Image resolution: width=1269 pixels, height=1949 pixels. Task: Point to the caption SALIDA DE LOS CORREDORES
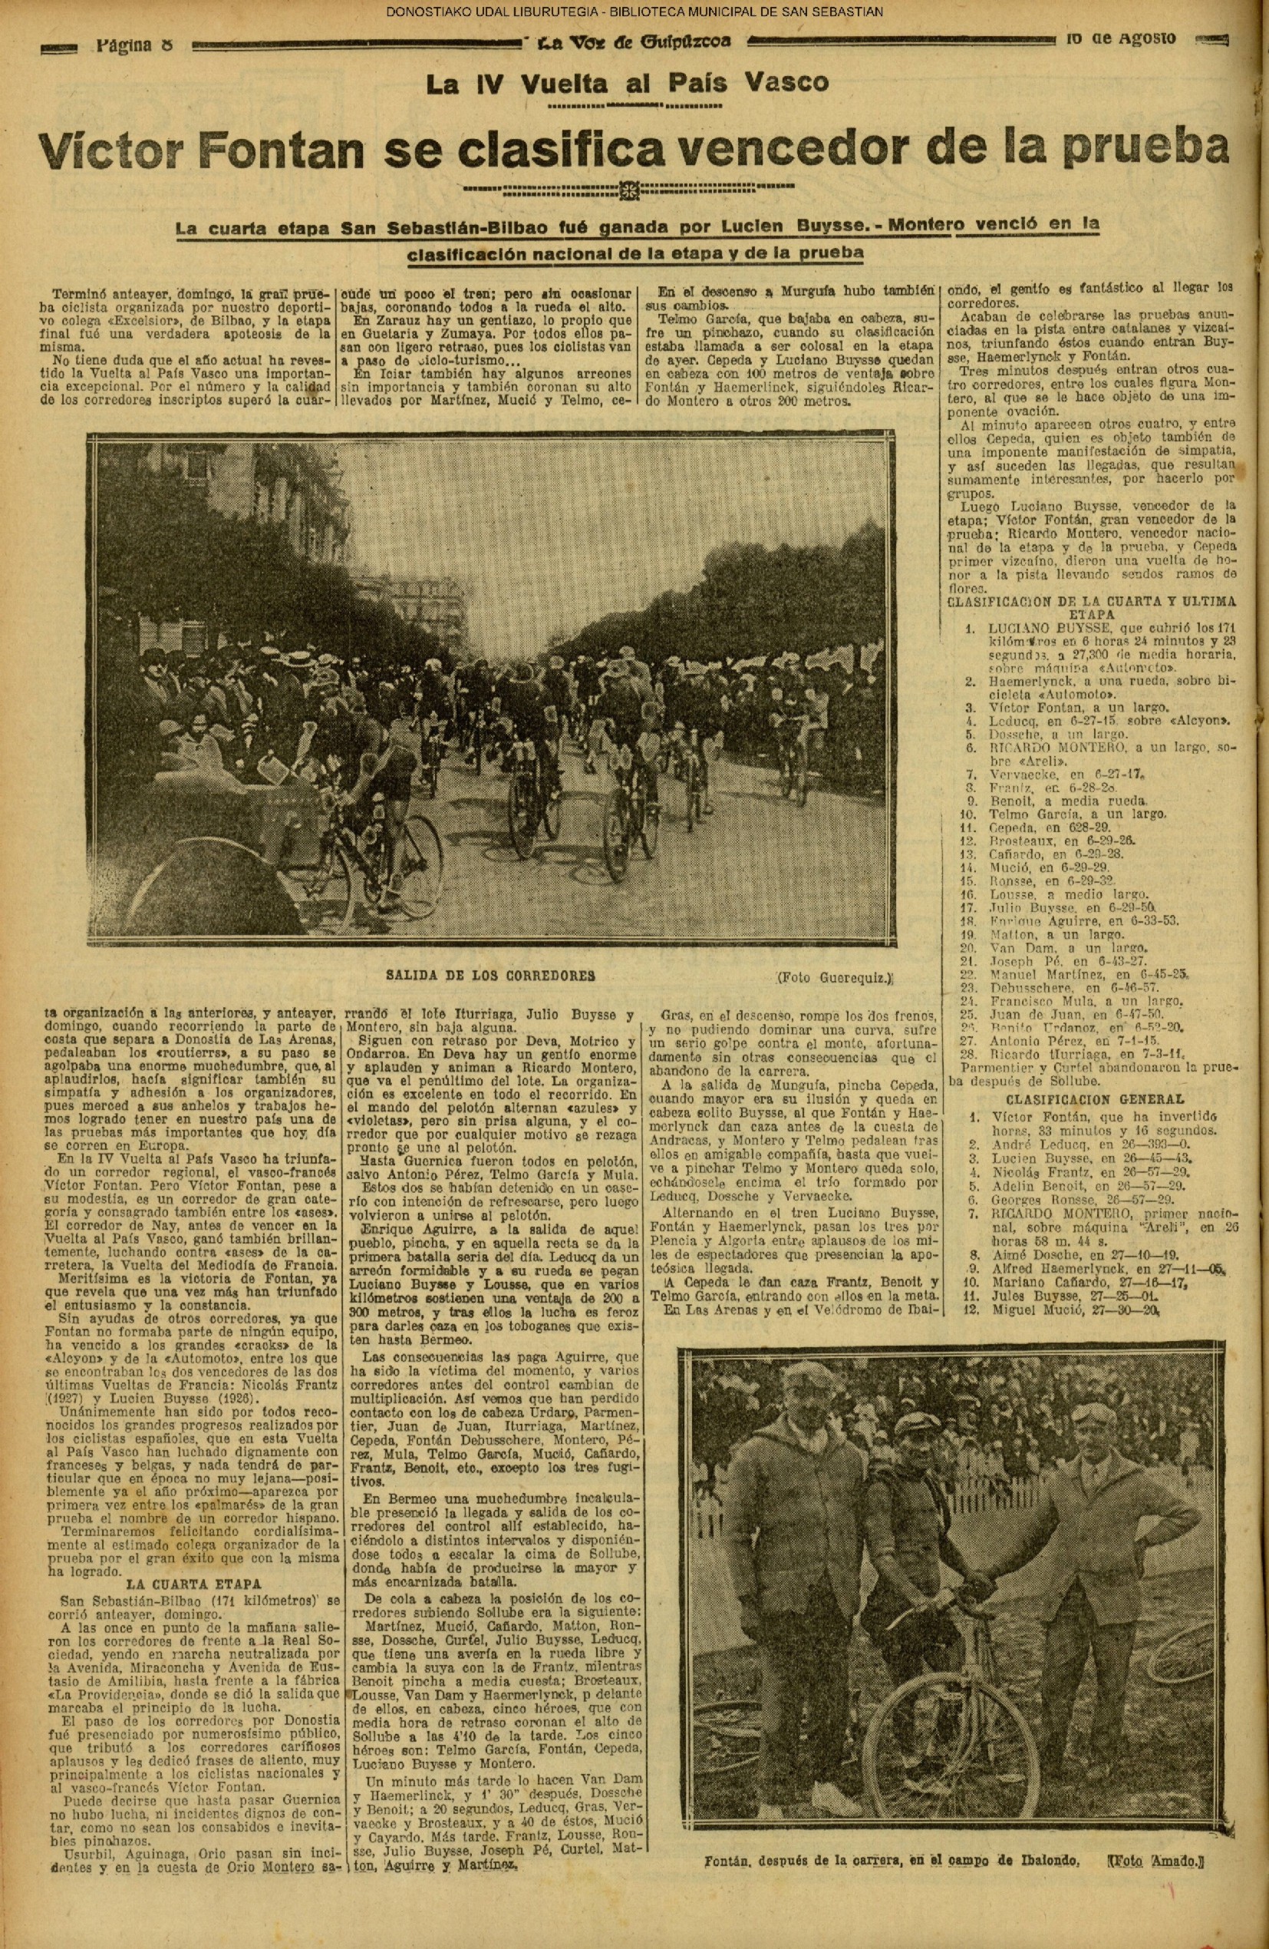pyautogui.click(x=489, y=976)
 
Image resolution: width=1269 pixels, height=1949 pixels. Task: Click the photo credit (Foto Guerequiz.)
pyautogui.click(x=834, y=976)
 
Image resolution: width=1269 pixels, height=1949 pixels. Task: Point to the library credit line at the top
pyautogui.click(x=634, y=12)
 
